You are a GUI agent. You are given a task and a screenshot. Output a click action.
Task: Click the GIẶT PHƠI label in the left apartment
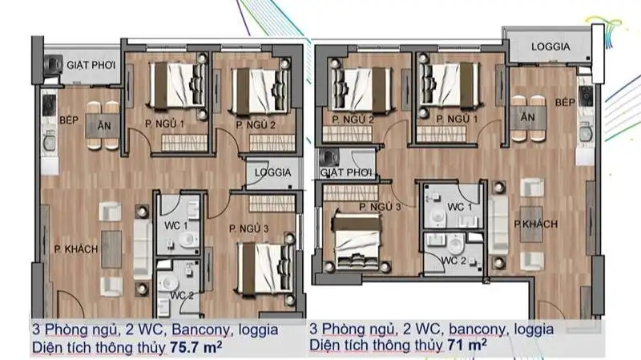91,66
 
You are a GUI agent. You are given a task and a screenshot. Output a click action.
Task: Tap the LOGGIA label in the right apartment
550,47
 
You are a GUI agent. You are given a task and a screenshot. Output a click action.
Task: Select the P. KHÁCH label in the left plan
76,249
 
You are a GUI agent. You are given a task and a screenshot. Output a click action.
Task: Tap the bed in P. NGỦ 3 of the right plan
357,242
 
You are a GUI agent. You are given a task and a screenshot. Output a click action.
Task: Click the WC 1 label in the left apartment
175,225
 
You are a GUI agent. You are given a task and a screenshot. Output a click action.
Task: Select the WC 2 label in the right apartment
454,261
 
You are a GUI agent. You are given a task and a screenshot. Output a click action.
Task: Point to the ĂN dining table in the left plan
103,126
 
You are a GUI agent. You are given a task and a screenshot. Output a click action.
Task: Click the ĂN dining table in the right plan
528,118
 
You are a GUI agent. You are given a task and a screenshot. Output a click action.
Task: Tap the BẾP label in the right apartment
565,103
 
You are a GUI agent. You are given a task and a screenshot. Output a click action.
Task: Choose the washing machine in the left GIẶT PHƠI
53,65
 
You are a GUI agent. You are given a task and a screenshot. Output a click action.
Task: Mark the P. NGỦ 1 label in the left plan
164,123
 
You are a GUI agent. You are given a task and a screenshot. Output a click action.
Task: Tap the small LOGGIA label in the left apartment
272,172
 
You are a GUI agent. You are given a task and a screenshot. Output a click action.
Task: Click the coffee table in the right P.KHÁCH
532,224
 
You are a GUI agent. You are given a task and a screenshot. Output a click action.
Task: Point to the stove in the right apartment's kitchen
586,96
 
